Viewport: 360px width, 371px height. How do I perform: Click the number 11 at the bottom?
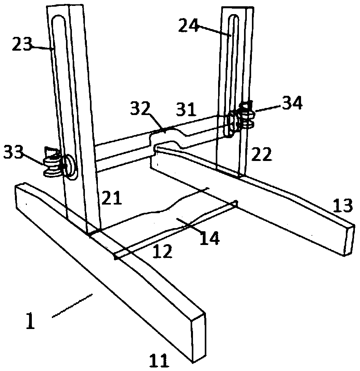(x=158, y=360)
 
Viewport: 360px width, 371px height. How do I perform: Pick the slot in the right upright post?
(x=233, y=63)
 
